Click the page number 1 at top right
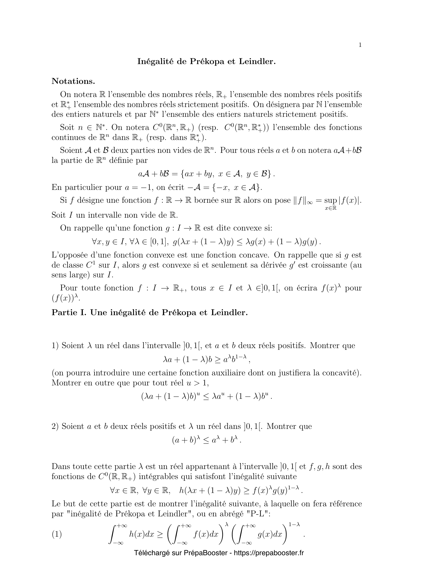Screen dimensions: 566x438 [x=360, y=45]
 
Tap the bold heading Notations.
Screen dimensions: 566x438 [x=73, y=81]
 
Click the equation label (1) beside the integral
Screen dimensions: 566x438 [x=57, y=534]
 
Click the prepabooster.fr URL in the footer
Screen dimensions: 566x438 [x=268, y=553]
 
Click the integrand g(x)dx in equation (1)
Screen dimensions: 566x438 [x=270, y=534]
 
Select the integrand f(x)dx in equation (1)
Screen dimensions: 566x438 [x=206, y=534]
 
